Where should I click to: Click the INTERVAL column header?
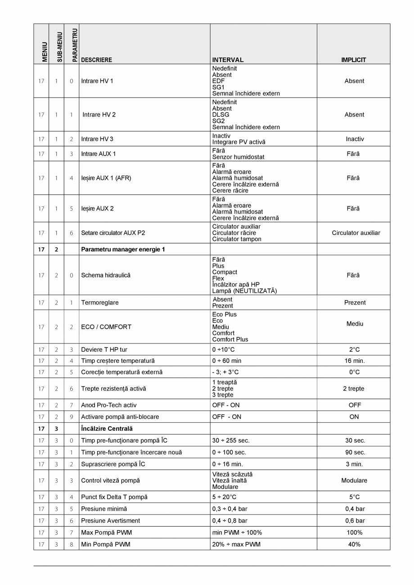click(228, 60)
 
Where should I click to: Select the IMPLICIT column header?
click(353, 60)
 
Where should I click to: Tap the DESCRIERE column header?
click(96, 60)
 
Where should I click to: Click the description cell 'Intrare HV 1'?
click(97, 81)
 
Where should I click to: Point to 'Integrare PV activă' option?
click(238, 142)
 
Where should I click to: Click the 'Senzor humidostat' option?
click(238, 157)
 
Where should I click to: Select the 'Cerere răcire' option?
click(230, 191)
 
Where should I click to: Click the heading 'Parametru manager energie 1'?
click(123, 249)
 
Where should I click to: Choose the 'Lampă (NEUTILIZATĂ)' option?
click(244, 291)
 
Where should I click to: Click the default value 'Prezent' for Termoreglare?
click(355, 303)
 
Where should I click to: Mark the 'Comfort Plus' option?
click(230, 339)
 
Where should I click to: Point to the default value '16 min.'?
click(354, 361)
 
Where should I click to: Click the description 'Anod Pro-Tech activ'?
click(109, 405)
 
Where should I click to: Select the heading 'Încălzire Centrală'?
click(107, 429)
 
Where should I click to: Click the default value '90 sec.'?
click(354, 452)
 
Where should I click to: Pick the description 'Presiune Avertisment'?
click(110, 521)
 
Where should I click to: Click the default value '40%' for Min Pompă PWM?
click(354, 544)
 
